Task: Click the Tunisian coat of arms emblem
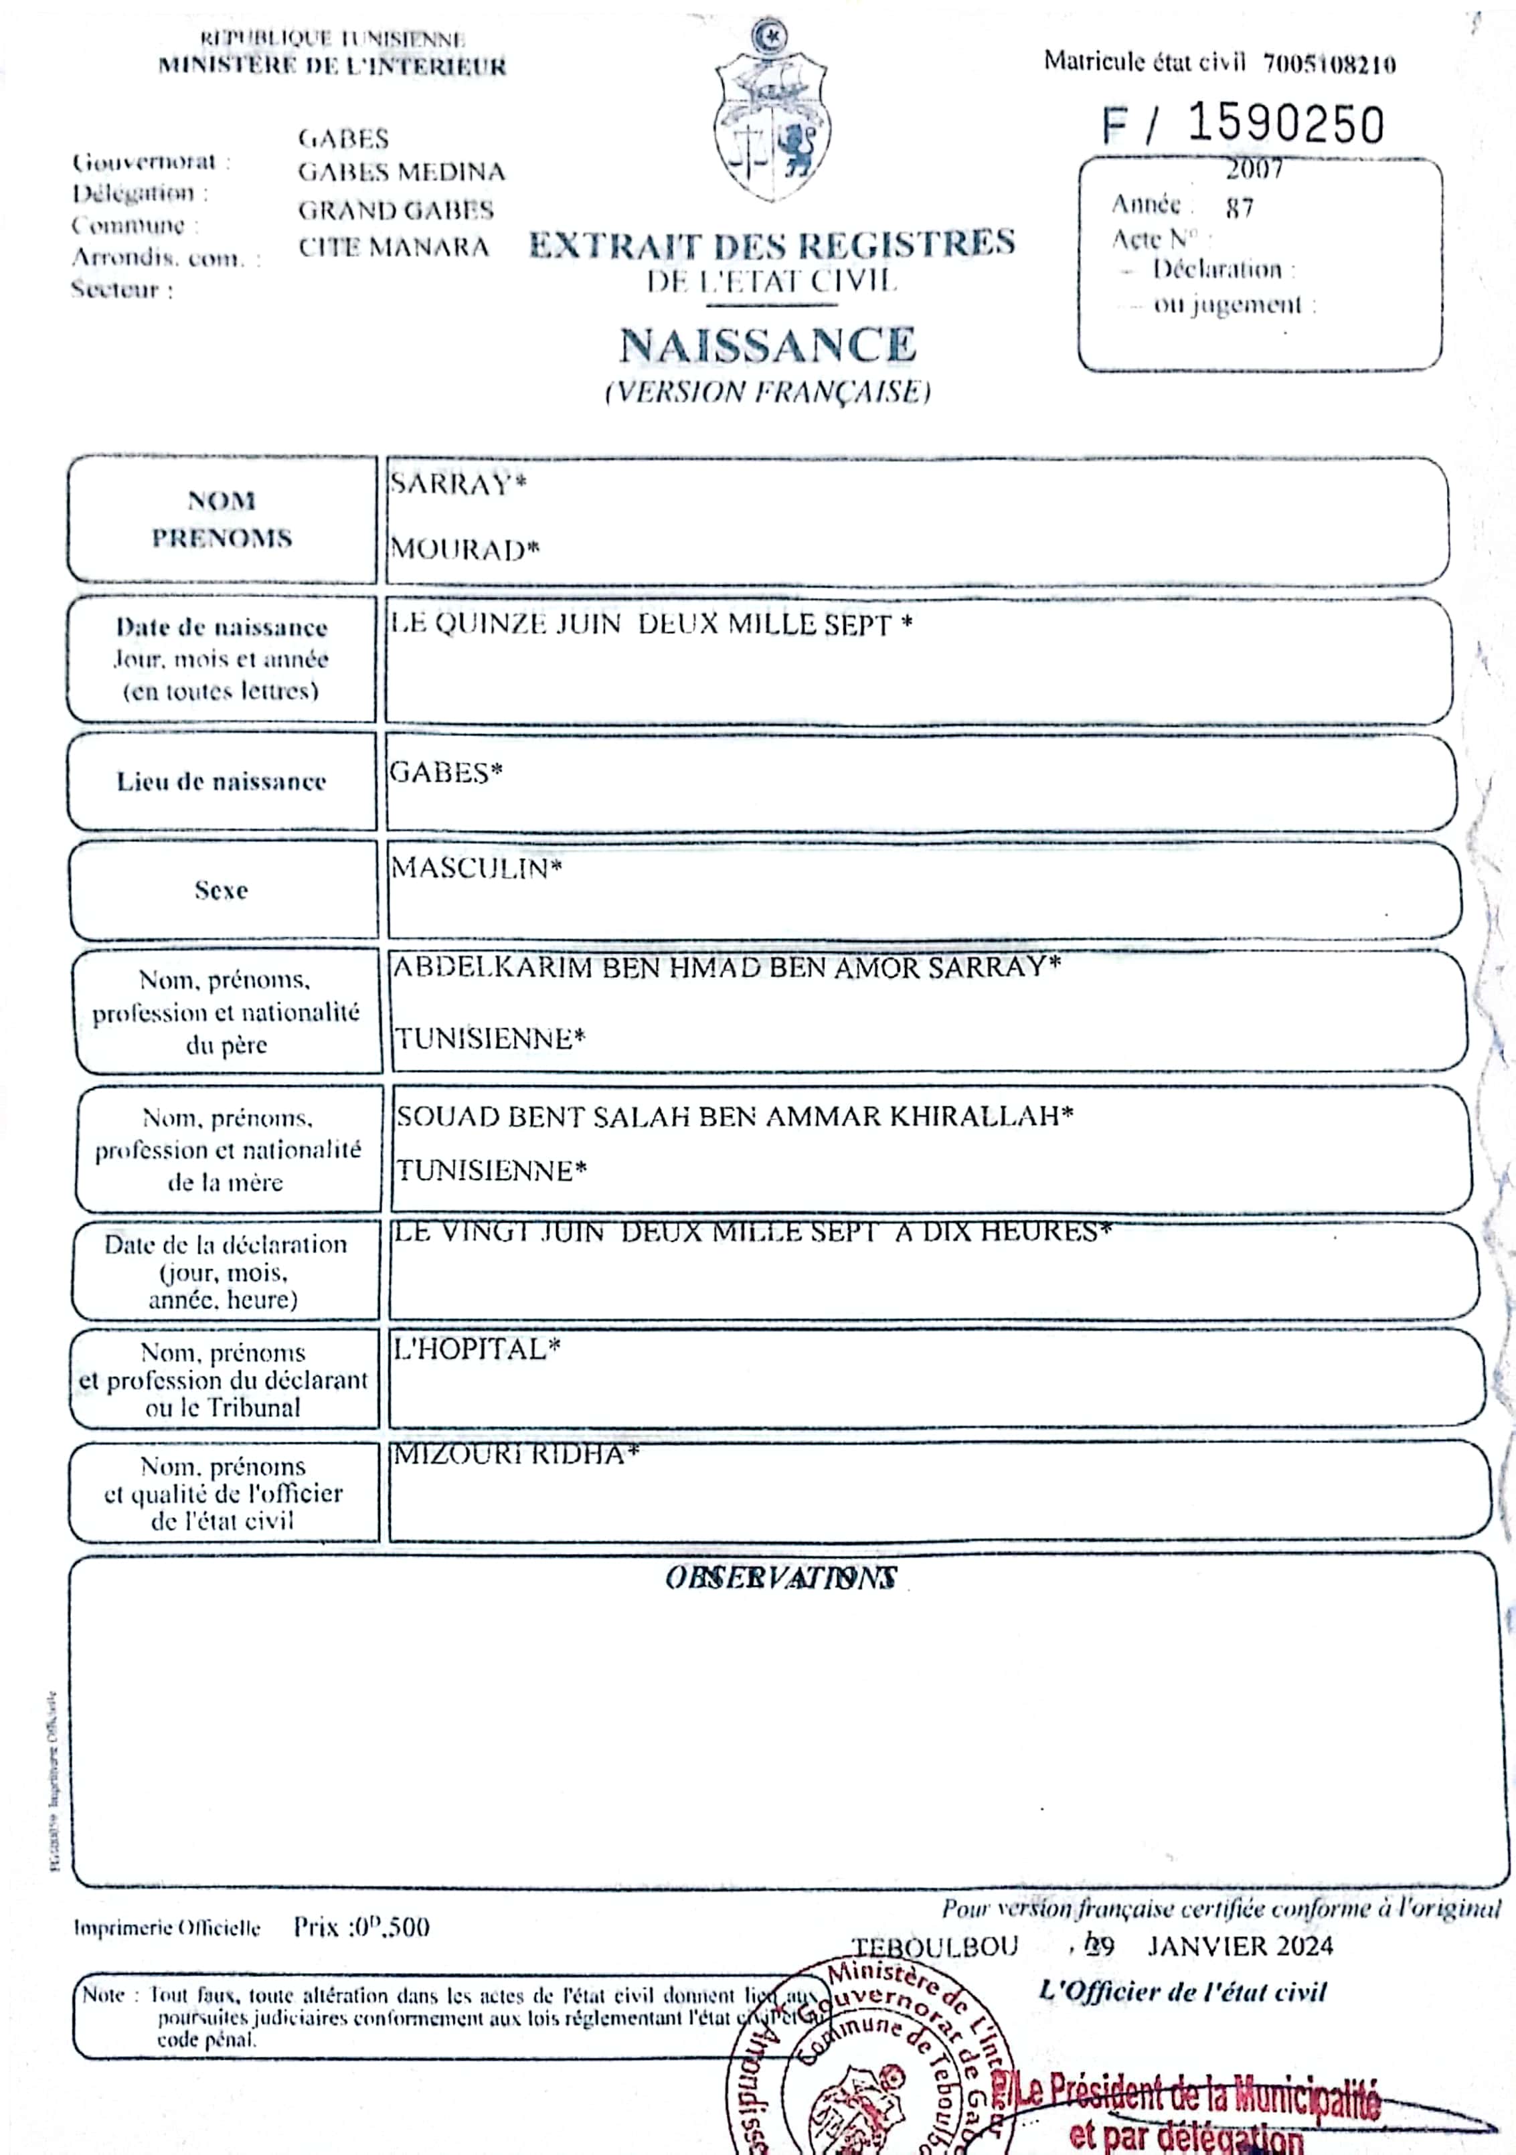point(770,112)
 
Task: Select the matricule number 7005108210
point(1329,64)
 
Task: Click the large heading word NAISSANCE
point(767,345)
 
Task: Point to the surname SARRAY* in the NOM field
point(458,485)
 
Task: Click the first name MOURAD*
point(465,549)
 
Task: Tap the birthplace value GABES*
point(446,772)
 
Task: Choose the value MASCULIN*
point(476,868)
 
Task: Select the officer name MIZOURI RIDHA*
point(515,1455)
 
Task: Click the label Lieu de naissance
point(222,782)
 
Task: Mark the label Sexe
point(222,890)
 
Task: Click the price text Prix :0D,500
point(361,1928)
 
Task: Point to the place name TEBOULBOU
point(934,1947)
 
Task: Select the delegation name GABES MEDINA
point(402,173)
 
